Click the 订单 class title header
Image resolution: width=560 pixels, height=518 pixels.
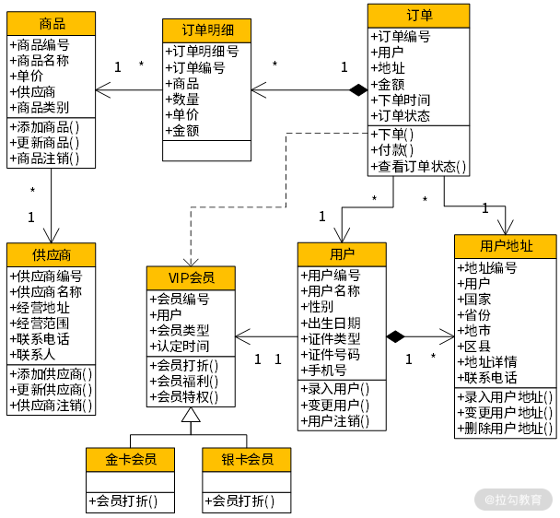tap(418, 16)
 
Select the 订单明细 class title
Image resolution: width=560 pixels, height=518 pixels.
tap(206, 30)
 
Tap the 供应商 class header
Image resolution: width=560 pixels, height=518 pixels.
tap(51, 254)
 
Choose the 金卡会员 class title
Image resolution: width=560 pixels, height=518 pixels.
tap(130, 459)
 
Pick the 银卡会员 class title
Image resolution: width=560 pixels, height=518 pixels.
tap(246, 459)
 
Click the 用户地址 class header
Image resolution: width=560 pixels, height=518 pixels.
tap(505, 246)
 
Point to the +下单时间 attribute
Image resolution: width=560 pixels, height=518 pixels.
tap(403, 100)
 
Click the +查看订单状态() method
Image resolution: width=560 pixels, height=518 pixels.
tap(420, 167)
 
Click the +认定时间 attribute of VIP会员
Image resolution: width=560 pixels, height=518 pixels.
tap(180, 346)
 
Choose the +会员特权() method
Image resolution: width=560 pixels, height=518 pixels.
tap(184, 396)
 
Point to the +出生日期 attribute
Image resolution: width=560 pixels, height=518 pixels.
tap(332, 323)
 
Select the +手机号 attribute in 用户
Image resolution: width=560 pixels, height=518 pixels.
tap(324, 370)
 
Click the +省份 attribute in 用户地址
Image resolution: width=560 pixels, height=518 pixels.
tap(475, 314)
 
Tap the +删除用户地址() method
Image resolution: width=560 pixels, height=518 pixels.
tap(506, 430)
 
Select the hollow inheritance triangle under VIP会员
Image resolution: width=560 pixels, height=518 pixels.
tap(191, 416)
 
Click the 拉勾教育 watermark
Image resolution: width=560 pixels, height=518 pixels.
tap(513, 499)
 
